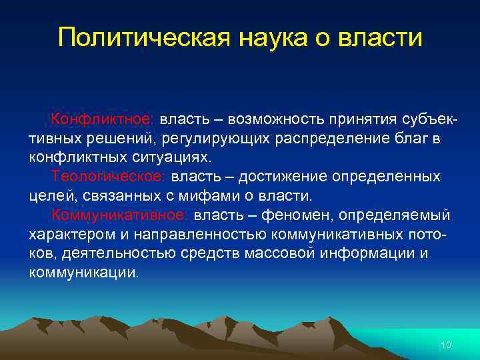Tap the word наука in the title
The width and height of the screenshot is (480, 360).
click(x=261, y=37)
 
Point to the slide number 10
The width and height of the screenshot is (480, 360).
click(x=446, y=345)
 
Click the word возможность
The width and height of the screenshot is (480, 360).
click(x=277, y=119)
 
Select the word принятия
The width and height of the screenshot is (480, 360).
click(x=367, y=119)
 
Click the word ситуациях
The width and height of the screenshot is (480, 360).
click(x=175, y=158)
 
